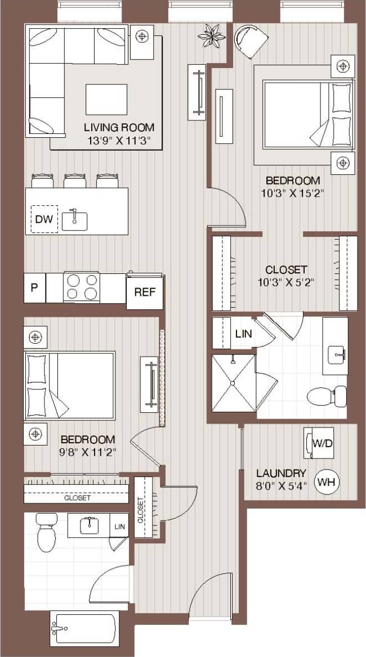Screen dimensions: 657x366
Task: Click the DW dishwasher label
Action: (x=43, y=219)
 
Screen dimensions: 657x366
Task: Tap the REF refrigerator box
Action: (x=144, y=292)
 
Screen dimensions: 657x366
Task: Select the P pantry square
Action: (x=34, y=288)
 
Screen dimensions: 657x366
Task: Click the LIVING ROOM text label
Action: (x=119, y=127)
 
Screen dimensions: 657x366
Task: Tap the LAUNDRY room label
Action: (x=281, y=473)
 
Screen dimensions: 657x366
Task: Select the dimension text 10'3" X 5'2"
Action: (x=285, y=282)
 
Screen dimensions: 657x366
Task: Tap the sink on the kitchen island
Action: (x=74, y=220)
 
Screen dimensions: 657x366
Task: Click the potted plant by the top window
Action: (x=211, y=35)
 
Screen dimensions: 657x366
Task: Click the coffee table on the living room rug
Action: (x=106, y=99)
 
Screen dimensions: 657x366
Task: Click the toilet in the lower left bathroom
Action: (x=45, y=532)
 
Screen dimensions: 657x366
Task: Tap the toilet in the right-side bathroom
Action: (x=327, y=395)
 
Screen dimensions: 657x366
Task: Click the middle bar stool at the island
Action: (x=75, y=181)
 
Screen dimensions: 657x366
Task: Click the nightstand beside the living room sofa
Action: (x=142, y=37)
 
